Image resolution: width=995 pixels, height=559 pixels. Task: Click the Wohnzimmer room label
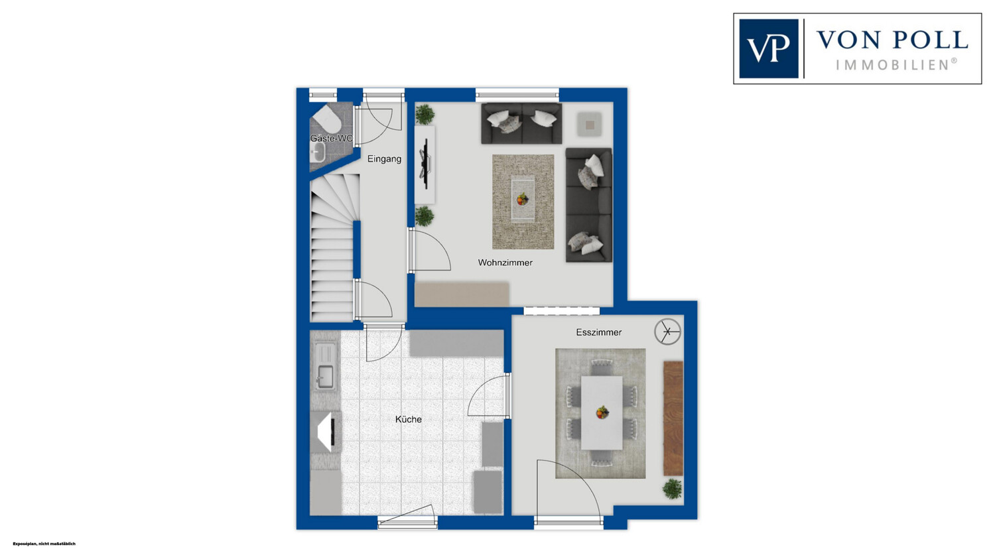pyautogui.click(x=505, y=263)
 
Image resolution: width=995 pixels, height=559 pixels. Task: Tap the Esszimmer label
pyautogui.click(x=599, y=333)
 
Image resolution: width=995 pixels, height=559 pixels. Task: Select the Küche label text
pyautogui.click(x=408, y=419)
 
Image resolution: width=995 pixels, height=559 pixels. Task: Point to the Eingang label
pyautogui.click(x=384, y=159)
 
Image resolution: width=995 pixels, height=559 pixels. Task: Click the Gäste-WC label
pyautogui.click(x=332, y=139)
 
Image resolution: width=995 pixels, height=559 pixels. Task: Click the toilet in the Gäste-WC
pyautogui.click(x=328, y=117)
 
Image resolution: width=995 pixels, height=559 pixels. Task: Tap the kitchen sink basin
pyautogui.click(x=326, y=377)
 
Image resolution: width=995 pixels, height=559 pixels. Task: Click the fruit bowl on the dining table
pyautogui.click(x=602, y=412)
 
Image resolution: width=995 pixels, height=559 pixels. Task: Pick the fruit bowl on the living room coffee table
pyautogui.click(x=523, y=199)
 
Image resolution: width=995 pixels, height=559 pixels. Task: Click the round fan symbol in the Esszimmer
pyautogui.click(x=667, y=332)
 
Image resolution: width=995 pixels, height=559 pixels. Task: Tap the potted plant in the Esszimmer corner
pyautogui.click(x=672, y=489)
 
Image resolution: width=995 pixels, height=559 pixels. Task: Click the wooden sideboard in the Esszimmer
pyautogui.click(x=673, y=418)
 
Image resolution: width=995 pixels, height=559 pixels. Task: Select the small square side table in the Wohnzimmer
pyautogui.click(x=590, y=124)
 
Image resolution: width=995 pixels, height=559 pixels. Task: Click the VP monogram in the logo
pyautogui.click(x=768, y=48)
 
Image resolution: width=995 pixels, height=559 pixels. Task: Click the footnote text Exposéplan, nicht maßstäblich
pyautogui.click(x=44, y=544)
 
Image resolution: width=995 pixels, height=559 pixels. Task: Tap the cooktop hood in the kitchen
pyautogui.click(x=326, y=432)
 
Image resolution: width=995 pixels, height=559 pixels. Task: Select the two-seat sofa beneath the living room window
pyautogui.click(x=521, y=123)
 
